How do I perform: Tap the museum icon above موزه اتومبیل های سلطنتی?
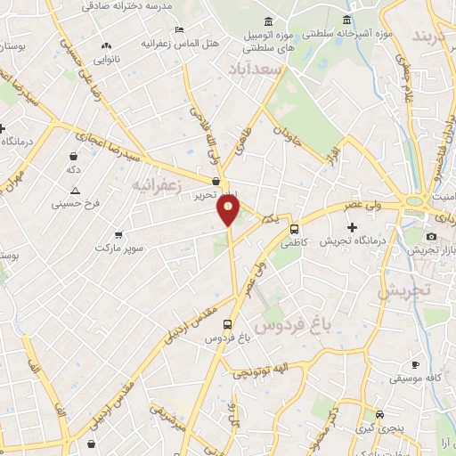click(269, 21)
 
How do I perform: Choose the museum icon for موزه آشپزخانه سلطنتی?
click(347, 21)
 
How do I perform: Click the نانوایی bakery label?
click(106, 61)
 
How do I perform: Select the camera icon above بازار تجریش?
click(432, 236)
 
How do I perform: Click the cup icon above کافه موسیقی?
click(415, 364)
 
